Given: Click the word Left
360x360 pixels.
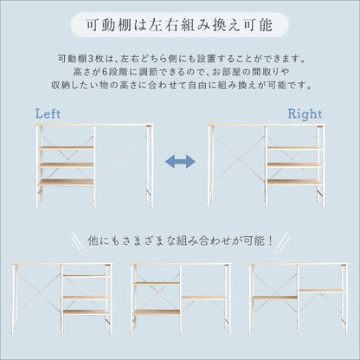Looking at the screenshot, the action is tap(48, 114).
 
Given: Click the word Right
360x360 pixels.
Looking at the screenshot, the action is tap(305, 114).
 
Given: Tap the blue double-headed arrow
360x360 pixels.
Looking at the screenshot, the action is tap(180, 162).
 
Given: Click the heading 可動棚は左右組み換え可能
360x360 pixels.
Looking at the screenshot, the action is tap(179, 25).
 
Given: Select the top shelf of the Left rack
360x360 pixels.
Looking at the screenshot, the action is tap(66, 148).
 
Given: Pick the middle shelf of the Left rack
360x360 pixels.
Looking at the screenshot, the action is tap(66, 165).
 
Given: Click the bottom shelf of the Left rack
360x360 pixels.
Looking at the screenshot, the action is tap(66, 183).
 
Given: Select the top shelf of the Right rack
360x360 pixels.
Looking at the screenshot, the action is tap(294, 148).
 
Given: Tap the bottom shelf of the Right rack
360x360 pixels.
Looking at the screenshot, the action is tap(294, 183).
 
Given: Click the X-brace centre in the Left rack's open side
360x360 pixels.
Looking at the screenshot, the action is tap(121, 158).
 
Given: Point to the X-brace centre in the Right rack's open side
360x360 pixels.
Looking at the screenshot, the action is tap(237, 158).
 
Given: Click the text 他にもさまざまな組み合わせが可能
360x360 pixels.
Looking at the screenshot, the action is tap(176, 241).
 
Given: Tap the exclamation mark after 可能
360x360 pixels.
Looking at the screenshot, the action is tap(270, 241).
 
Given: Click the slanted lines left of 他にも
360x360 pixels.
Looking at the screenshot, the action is tap(79, 242).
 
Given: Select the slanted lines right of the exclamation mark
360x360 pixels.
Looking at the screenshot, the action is tap(281, 243).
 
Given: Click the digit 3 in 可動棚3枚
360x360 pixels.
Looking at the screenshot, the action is tap(90, 59).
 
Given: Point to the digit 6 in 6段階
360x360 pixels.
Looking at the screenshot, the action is tap(106, 72).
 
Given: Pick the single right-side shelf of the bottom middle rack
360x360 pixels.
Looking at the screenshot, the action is tap(205, 298).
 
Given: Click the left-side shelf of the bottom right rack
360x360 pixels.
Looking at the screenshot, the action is tap(274, 298).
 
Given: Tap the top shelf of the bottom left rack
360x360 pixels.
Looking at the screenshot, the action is tap(87, 276).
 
